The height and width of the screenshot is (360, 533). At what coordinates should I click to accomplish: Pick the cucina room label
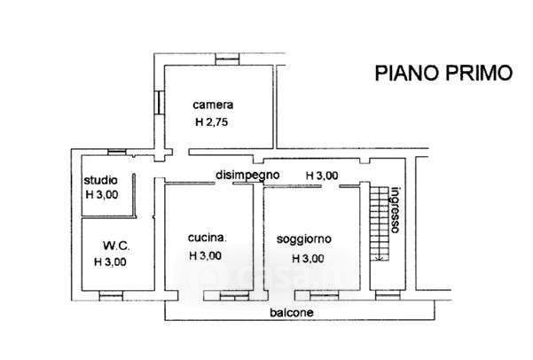tap(208, 238)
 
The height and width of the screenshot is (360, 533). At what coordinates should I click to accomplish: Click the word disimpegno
tap(248, 176)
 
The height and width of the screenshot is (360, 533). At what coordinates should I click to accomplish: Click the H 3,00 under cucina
tap(205, 256)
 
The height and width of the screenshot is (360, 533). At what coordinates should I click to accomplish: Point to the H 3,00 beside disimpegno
tap(322, 176)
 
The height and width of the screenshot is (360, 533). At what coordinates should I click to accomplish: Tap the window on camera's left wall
tap(160, 101)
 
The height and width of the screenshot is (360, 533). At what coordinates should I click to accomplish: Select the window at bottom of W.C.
tap(110, 293)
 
